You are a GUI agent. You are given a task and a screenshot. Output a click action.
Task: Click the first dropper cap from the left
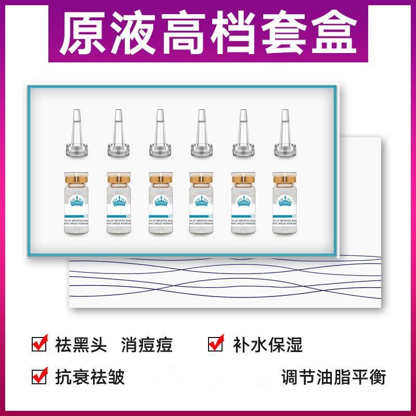click(x=76, y=134)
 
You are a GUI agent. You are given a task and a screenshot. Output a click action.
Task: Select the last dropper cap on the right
click(x=284, y=134)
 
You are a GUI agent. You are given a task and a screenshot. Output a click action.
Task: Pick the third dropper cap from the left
click(x=159, y=134)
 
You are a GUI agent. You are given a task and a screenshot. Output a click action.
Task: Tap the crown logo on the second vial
click(x=118, y=201)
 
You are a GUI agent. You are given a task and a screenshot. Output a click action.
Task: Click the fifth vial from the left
click(x=242, y=205)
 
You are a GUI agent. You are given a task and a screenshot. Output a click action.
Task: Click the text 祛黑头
click(x=81, y=345)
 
